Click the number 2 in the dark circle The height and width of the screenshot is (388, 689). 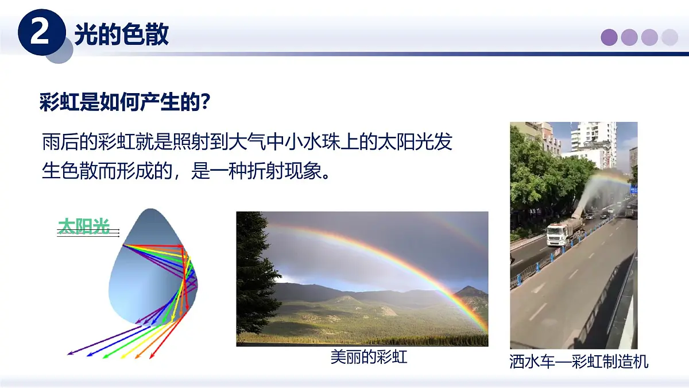pos(40,33)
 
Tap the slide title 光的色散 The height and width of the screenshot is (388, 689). pos(121,34)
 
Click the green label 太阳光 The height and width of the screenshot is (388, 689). pos(84,226)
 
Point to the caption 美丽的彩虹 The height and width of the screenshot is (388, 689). pos(369,357)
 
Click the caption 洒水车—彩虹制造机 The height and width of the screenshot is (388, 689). pos(579,362)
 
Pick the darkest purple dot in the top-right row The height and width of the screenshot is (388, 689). pos(609,37)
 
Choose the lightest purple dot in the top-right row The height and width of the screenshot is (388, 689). pos(669,37)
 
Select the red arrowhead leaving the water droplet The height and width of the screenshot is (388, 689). pos(152,356)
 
